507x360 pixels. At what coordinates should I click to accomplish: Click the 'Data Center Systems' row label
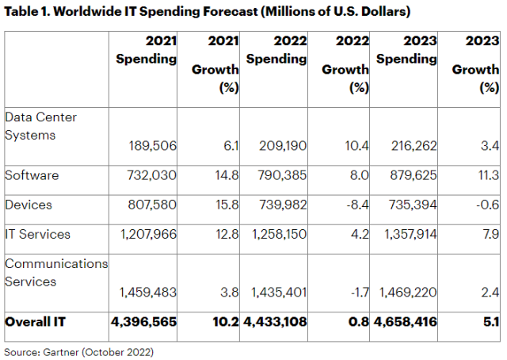(x=44, y=126)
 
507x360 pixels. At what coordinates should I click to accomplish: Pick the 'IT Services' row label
(x=37, y=234)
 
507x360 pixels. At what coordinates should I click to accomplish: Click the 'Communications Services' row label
(x=56, y=270)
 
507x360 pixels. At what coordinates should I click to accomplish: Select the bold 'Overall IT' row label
(x=35, y=322)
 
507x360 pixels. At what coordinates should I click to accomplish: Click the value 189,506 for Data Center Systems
(x=153, y=145)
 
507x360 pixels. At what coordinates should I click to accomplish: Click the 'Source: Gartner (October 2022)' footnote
(x=78, y=350)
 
